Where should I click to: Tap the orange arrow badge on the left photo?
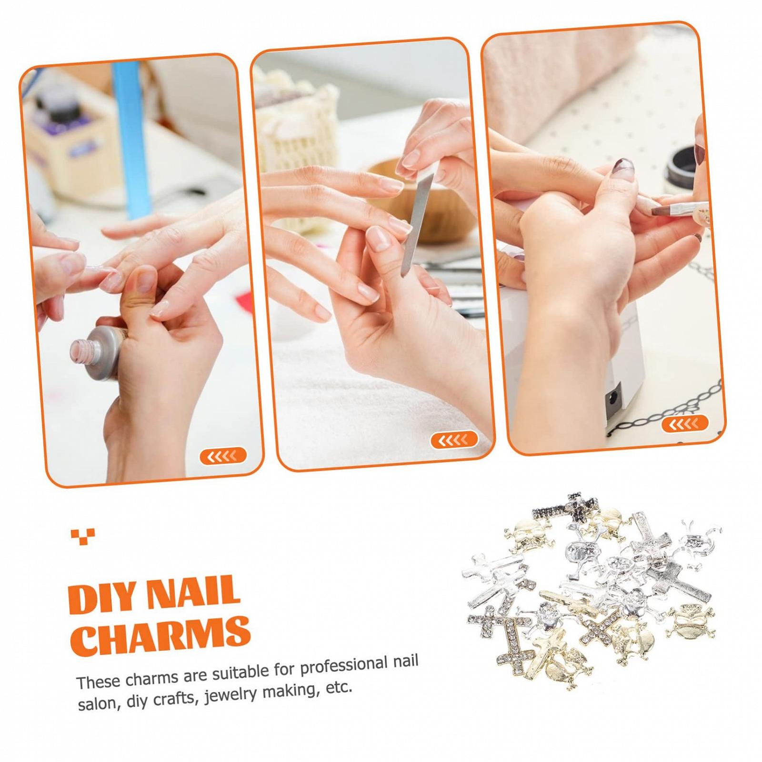[223, 456]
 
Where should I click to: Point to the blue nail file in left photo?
[132, 138]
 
